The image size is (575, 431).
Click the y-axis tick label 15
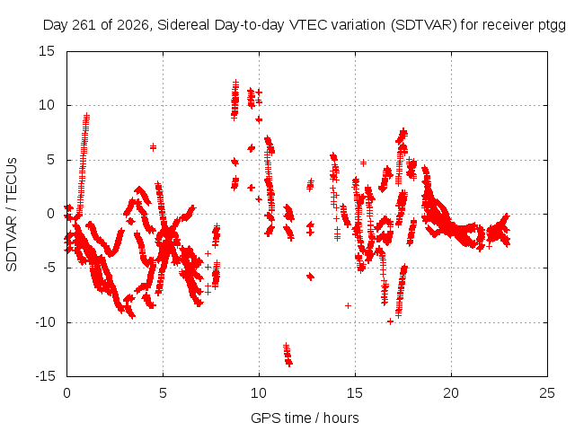[47, 51]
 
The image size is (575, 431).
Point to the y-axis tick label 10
[47, 106]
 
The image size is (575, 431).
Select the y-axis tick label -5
[49, 268]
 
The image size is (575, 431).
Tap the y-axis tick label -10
[46, 322]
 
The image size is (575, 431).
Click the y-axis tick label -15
[46, 376]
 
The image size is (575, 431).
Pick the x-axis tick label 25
[547, 393]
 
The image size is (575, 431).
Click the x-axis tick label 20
[451, 393]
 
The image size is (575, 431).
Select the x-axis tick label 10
[259, 393]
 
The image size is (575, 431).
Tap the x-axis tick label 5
[163, 393]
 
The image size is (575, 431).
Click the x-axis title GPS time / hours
[305, 418]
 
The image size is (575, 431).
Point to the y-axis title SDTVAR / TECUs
[12, 215]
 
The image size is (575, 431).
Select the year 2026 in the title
[132, 25]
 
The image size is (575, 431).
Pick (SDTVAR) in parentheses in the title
[424, 25]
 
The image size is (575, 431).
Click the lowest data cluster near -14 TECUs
[287, 355]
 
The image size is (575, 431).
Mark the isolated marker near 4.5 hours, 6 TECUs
[153, 147]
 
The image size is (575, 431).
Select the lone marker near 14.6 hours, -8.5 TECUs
[348, 305]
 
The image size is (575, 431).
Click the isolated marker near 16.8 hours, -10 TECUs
[390, 321]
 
